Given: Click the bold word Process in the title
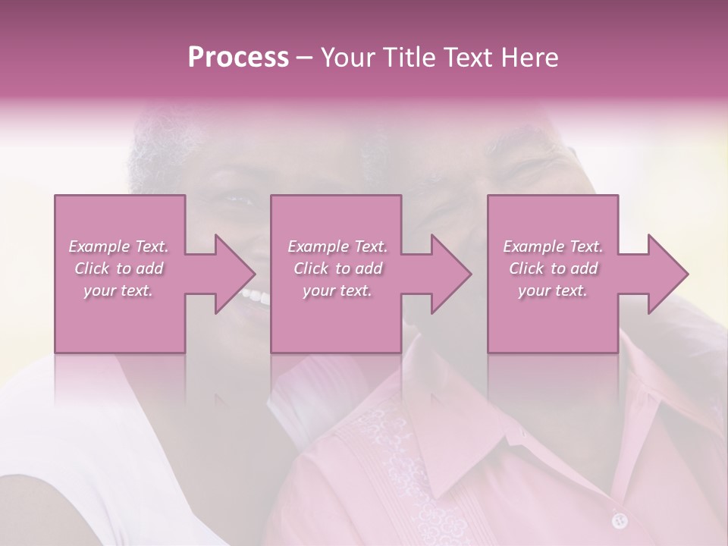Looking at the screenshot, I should click(x=238, y=58).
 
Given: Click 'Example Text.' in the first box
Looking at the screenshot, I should click(x=119, y=246).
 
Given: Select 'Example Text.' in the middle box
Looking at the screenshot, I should click(x=337, y=246).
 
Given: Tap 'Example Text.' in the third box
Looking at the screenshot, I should click(x=553, y=246).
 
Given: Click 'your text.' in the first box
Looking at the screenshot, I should click(x=119, y=290).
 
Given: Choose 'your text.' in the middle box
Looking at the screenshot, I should click(x=337, y=290).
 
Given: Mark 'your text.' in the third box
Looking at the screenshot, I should click(x=553, y=290).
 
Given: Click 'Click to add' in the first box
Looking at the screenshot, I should click(x=119, y=268).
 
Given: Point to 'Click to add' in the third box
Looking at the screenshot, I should click(x=553, y=268).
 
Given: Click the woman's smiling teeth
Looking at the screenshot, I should click(x=256, y=296).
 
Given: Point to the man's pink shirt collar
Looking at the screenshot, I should click(x=485, y=447).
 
